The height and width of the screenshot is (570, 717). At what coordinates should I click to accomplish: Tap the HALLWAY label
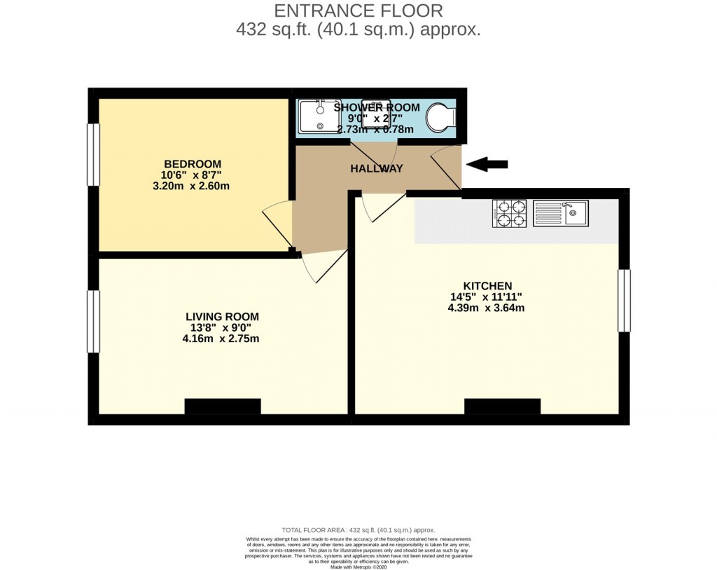(377, 168)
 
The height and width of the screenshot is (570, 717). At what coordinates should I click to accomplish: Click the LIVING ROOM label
(222, 316)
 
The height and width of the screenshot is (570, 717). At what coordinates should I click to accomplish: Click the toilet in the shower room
(441, 117)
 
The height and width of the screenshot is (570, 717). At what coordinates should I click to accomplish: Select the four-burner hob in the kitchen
(509, 213)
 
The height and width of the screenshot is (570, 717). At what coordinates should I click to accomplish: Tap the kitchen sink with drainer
(561, 213)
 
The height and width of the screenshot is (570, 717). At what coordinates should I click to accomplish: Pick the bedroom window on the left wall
(93, 155)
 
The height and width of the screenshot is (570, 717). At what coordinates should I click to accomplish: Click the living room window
(93, 321)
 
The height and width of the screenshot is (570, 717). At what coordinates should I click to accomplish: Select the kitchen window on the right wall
(624, 301)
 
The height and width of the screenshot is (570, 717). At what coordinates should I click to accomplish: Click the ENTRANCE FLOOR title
(358, 11)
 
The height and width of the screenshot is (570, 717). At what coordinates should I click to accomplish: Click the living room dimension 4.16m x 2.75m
(221, 339)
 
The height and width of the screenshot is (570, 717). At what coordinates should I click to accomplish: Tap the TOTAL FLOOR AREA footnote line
(358, 530)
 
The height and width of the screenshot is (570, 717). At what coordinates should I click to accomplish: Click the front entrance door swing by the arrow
(445, 167)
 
